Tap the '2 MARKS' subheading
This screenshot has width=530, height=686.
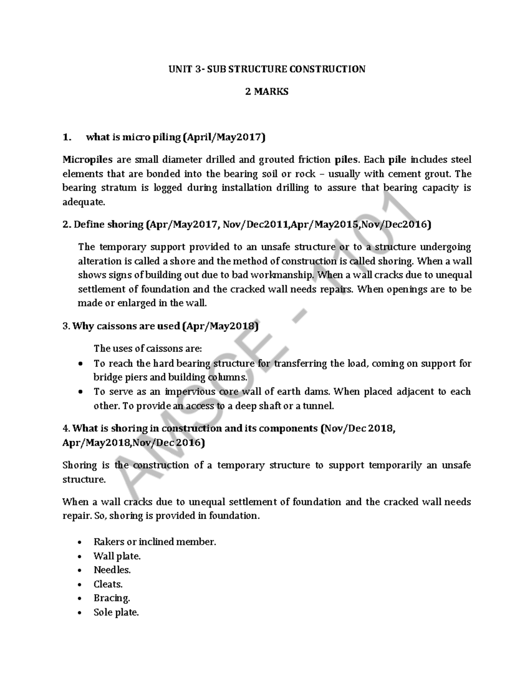coord(267,92)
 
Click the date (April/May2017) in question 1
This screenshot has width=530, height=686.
coord(224,137)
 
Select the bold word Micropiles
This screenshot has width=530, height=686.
coord(87,159)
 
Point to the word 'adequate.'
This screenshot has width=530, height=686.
coord(84,202)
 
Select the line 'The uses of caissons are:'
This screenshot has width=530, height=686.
coord(148,349)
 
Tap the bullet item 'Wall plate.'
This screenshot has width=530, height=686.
coord(117,556)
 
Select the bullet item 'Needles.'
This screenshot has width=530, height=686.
coord(112,570)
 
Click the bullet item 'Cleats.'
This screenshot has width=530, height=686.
coord(108,584)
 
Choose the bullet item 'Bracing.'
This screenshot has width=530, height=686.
coord(112,598)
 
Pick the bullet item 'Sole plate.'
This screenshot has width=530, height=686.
coord(116,612)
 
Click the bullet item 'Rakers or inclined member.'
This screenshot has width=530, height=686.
coord(155,542)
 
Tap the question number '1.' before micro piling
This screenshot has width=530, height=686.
coord(67,137)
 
